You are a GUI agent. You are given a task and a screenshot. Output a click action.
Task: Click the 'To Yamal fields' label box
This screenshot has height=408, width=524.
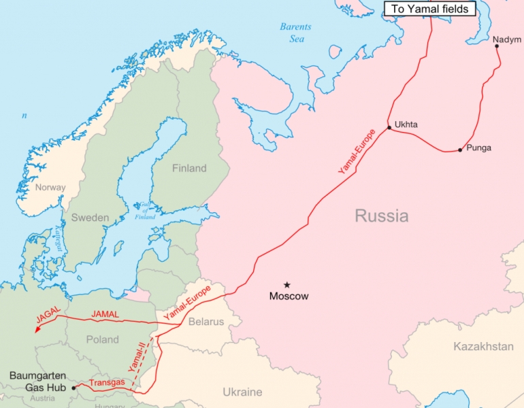coord(429,9)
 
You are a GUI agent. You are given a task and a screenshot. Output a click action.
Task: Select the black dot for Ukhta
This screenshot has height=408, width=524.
coord(389,127)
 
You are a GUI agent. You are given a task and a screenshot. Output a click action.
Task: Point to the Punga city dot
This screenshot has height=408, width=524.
coord(461,149)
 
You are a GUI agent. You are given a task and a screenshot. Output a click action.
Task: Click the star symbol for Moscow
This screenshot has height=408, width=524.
coord(287,284)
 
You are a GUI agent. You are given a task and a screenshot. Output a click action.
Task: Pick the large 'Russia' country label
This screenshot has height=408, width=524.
coord(381,216)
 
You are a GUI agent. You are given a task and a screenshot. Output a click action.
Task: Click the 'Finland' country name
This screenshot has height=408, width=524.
coord(189,169)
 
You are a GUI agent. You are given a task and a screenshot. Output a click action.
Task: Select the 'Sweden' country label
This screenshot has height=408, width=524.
coord(90,218)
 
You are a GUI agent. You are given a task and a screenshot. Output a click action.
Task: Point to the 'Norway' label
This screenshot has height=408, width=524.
coord(50,188)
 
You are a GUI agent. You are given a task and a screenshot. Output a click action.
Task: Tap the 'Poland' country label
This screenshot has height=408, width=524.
coord(103,339)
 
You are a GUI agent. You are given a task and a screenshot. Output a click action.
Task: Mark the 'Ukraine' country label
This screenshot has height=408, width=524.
coord(242,392)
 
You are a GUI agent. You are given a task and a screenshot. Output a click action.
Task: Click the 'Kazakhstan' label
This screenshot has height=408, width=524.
coord(483,347)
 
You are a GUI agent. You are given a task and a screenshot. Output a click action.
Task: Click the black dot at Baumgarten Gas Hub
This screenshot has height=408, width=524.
coord(73,388)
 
